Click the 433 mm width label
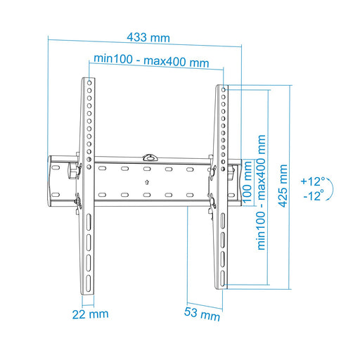click(x=148, y=37)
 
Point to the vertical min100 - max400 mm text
click(x=262, y=193)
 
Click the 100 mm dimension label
click(x=247, y=182)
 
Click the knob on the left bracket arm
click(x=72, y=170)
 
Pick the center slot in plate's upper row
click(x=146, y=169)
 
